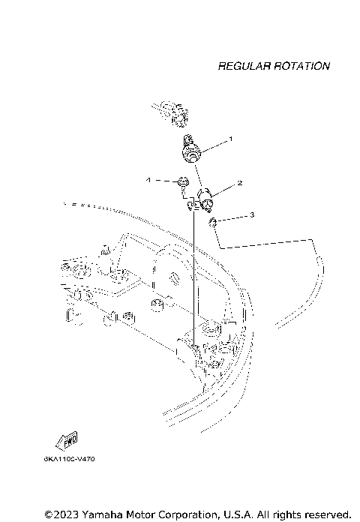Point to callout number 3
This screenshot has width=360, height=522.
[252, 215]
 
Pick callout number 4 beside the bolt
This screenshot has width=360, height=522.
[148, 180]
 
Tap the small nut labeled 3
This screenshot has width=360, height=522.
[213, 221]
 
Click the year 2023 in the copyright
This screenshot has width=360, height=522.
[67, 514]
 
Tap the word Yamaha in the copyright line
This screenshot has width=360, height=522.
[106, 514]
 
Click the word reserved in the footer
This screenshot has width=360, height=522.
[325, 514]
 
